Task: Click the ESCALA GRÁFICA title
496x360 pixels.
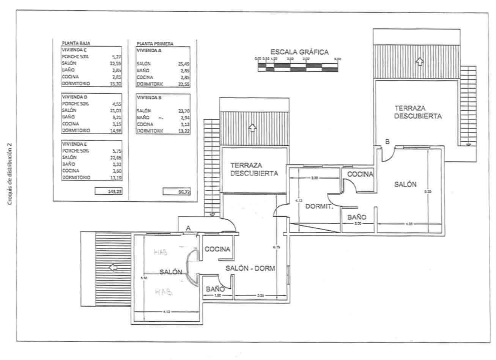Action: [299, 52]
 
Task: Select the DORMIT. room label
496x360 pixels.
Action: [319, 207]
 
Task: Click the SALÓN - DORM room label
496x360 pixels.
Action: [250, 268]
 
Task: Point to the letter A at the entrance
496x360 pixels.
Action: [188, 228]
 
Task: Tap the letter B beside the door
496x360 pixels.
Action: [387, 142]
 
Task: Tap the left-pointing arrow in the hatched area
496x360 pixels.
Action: [113, 268]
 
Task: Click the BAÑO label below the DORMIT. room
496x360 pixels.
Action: [357, 217]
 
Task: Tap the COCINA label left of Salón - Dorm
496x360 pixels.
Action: [217, 249]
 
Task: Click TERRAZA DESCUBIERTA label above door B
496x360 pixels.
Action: [417, 112]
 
